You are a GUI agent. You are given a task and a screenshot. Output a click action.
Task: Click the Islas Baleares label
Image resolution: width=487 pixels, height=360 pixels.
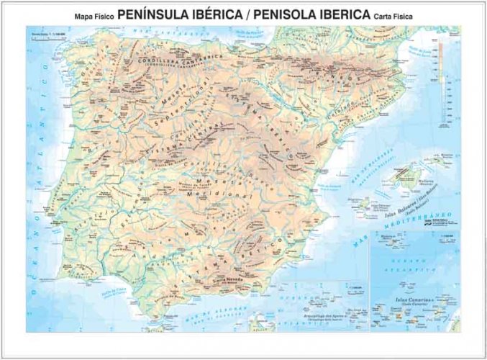(x=404, y=211)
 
